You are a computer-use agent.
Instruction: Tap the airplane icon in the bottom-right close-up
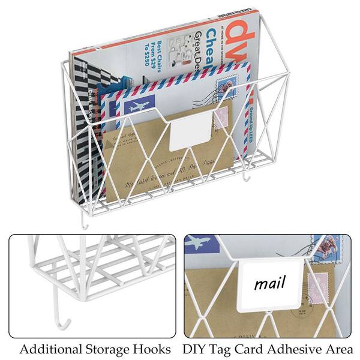point(199,243)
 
